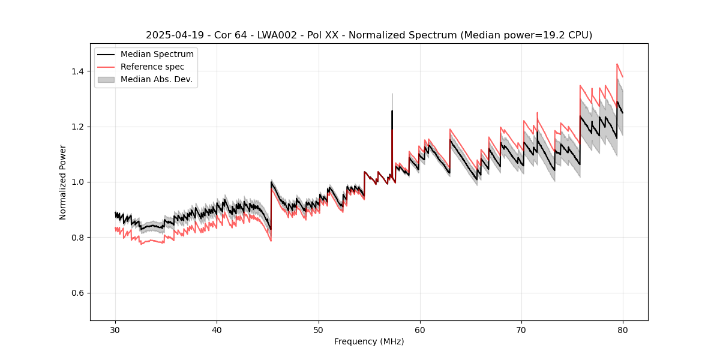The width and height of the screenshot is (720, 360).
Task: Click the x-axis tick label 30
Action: pos(115,329)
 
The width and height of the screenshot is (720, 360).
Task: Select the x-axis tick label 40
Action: pos(217,329)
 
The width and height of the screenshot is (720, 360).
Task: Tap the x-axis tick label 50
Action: pos(319,329)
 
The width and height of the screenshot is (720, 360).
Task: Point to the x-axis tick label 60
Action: pos(420,329)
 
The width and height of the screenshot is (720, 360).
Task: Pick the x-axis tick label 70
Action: pos(521,329)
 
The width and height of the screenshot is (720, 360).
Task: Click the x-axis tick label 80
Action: pos(623,329)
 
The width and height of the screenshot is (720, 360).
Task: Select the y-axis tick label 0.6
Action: pos(78,293)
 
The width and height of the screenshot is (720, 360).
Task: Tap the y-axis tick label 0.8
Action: pos(78,238)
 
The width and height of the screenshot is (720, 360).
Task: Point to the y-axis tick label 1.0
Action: pos(78,182)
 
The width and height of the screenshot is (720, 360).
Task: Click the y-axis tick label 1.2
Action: pos(78,127)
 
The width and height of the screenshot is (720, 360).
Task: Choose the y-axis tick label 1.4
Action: pos(78,71)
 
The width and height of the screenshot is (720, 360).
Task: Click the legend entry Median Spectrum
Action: pos(157,55)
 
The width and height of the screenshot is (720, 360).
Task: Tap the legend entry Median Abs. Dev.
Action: pos(156,79)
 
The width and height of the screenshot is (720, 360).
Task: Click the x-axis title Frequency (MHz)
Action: pos(369,341)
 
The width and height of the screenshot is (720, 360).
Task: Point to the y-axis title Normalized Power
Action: pos(63,182)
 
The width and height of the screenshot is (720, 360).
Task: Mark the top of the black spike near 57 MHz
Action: pos(392,111)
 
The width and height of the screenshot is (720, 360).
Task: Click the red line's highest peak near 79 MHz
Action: pos(617,64)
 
